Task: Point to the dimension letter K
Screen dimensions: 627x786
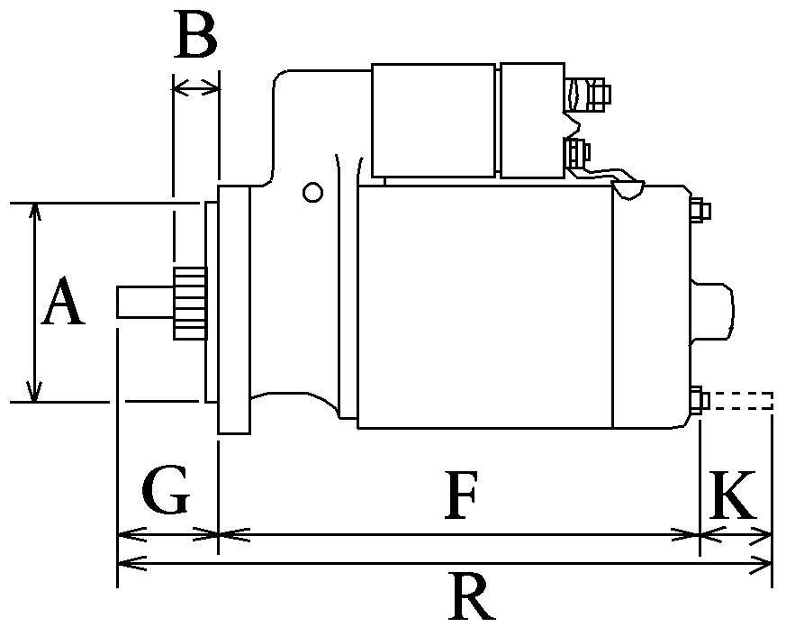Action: [x=732, y=495]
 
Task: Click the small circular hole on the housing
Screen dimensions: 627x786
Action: [x=312, y=192]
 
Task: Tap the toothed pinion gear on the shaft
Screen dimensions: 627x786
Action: [x=188, y=303]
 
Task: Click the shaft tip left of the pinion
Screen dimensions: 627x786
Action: [x=135, y=302]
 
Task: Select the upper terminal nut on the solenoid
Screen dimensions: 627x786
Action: [x=598, y=92]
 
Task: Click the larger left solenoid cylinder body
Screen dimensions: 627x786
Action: [x=433, y=120]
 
